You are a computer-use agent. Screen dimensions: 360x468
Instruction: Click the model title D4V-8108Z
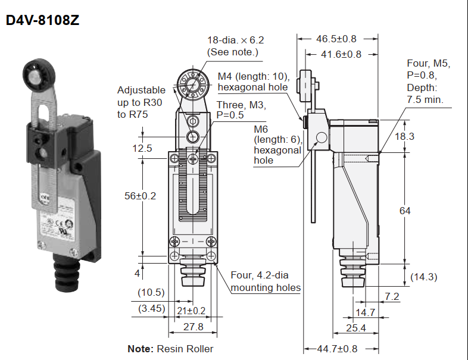click(x=42, y=20)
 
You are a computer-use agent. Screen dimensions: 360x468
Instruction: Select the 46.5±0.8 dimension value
click(x=336, y=39)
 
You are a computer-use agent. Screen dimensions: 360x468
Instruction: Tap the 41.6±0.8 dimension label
click(x=341, y=54)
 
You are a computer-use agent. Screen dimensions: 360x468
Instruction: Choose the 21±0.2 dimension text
click(x=192, y=310)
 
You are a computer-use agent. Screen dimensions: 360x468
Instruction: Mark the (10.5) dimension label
click(x=151, y=292)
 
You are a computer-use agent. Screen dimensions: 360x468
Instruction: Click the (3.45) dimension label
click(x=151, y=308)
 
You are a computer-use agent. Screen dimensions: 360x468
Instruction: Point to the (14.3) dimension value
click(x=425, y=276)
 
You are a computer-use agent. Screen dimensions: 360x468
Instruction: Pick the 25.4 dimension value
click(x=355, y=328)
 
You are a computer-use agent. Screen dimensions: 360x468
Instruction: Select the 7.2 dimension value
click(x=392, y=296)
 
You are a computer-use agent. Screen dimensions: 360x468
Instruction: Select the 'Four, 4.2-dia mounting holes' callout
click(x=266, y=281)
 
